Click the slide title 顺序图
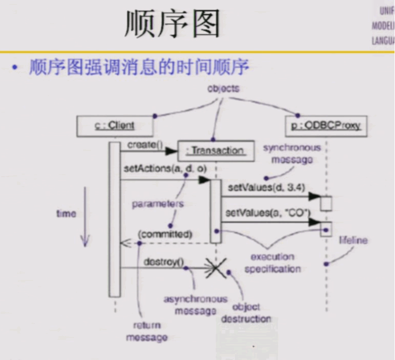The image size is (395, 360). (x=172, y=24)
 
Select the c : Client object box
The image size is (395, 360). (x=114, y=126)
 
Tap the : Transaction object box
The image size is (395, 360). (x=215, y=150)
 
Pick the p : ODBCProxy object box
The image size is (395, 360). (x=325, y=126)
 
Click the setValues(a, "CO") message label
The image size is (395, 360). (x=267, y=213)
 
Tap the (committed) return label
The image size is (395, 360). (x=165, y=234)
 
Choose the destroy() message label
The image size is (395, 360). (x=163, y=261)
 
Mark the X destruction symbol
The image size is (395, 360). (x=216, y=268)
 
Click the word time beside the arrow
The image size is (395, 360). (x=66, y=214)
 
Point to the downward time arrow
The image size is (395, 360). (x=85, y=216)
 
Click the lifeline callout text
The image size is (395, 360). (x=353, y=240)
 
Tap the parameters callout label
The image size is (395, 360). (x=158, y=204)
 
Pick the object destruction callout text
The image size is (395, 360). (x=246, y=312)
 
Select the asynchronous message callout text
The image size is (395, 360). (x=195, y=305)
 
